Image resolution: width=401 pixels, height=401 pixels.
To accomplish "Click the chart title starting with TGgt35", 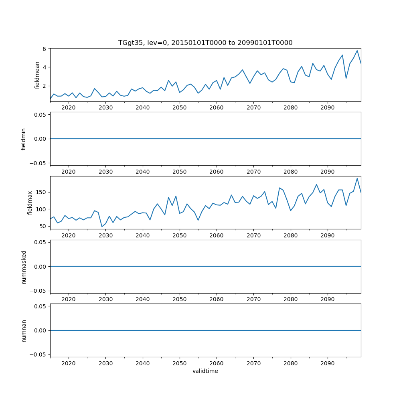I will (205, 43).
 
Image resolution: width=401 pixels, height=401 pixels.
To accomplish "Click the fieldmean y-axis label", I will (37, 75).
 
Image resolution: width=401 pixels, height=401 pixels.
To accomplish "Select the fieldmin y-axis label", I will (24, 139).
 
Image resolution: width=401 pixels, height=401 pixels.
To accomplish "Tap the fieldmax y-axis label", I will (30, 203).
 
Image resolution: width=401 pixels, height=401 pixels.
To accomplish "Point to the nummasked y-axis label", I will (24, 266).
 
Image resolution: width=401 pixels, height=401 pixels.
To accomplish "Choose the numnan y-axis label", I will (24, 330).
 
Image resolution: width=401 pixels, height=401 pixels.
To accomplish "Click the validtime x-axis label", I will (205, 371).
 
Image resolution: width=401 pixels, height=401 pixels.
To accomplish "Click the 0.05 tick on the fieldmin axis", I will (41, 115).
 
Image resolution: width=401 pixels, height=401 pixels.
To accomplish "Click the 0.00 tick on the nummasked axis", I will (41, 266).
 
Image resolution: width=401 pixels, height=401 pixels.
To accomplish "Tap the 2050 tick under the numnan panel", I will (180, 363).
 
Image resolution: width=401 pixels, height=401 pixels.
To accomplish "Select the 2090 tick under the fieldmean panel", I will (328, 107).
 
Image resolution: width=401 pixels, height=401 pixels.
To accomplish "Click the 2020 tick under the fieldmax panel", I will (69, 235).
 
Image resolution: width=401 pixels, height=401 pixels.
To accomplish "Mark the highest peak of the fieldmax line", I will (357, 178).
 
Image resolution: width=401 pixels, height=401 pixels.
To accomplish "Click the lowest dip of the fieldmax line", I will (102, 227).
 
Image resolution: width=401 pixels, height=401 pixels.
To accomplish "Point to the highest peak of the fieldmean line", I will (357, 51).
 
